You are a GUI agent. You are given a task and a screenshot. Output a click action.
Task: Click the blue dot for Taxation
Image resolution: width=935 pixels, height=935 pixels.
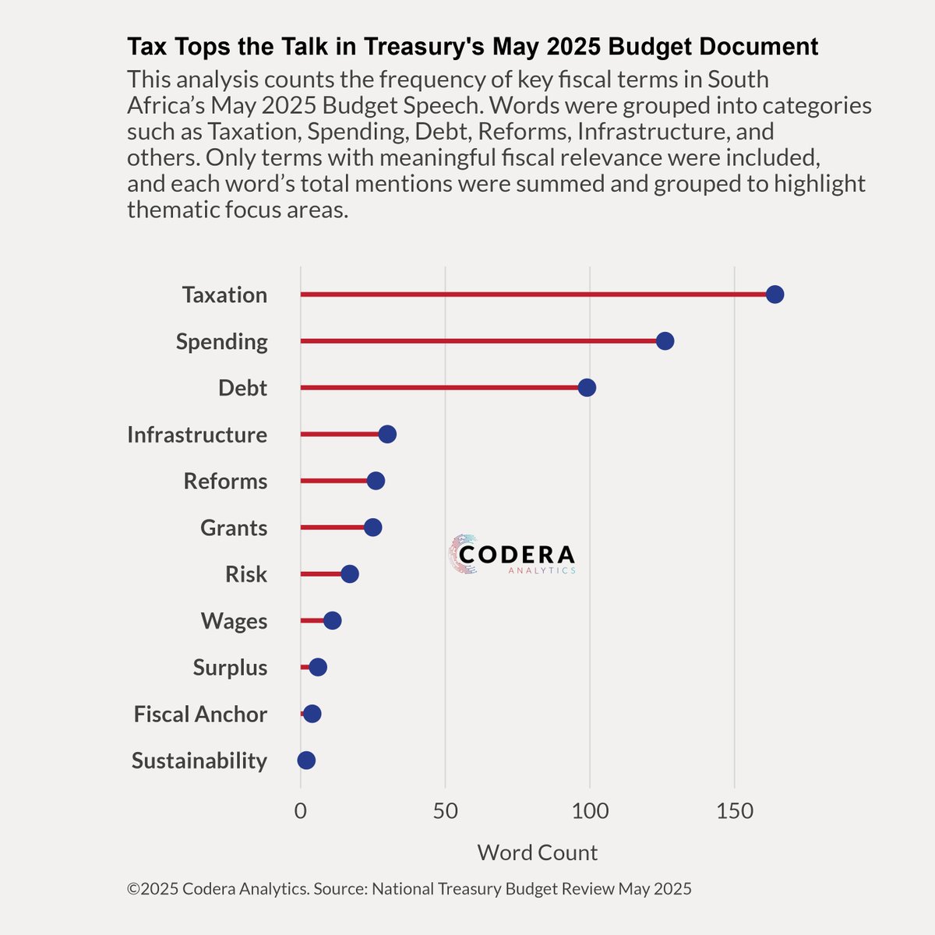tap(774, 295)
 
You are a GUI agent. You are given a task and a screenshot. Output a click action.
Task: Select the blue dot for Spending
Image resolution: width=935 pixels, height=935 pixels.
tap(665, 341)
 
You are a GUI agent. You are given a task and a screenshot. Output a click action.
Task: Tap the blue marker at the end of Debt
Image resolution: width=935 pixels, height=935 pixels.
tap(587, 388)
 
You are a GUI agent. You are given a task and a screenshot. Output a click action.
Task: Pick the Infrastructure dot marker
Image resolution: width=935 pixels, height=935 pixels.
tap(387, 435)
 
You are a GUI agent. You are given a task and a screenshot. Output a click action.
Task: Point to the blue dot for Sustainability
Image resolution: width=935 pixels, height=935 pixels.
tap(306, 760)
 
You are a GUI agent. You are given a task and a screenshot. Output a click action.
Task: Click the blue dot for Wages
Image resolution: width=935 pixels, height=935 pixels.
tap(332, 621)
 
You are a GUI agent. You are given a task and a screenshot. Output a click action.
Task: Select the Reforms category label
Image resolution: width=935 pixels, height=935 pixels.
tap(225, 482)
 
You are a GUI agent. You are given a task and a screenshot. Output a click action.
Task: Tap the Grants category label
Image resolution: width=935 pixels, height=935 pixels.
tap(234, 528)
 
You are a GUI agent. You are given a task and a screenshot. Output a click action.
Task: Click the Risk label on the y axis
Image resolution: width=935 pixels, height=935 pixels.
tap(246, 575)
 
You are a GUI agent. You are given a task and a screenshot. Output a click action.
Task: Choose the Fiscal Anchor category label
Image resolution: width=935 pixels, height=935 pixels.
tap(200, 714)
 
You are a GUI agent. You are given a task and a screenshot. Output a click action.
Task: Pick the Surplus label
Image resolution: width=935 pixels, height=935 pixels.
tap(230, 668)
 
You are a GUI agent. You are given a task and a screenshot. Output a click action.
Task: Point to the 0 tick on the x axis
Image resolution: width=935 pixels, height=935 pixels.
tap(300, 812)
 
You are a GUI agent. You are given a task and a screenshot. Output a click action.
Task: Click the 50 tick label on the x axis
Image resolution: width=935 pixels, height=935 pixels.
tap(445, 812)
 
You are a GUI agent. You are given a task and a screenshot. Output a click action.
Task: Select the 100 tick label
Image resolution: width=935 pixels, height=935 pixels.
tap(590, 812)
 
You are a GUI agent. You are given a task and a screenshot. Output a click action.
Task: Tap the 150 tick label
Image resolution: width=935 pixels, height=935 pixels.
tap(735, 812)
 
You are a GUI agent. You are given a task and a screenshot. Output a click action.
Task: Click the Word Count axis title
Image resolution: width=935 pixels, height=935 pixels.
tap(537, 852)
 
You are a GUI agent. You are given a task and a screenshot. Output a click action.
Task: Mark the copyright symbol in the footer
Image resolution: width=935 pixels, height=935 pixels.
tap(133, 889)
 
